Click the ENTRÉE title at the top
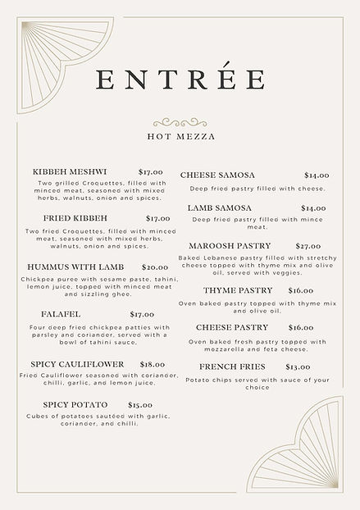coord(180,80)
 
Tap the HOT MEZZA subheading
coord(181,137)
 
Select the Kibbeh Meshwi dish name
coord(70,171)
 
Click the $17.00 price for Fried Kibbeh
coord(157,219)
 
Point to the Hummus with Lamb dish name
coord(75,267)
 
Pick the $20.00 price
coord(155,267)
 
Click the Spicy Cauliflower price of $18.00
coord(152,364)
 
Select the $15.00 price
coord(140,404)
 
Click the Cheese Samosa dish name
coord(217,175)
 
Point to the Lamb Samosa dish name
coord(219,208)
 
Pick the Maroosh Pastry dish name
coord(229,246)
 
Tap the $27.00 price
coord(308,246)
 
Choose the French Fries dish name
coord(232,367)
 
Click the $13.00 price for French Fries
coord(298,367)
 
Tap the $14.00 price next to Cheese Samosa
coord(317,175)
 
